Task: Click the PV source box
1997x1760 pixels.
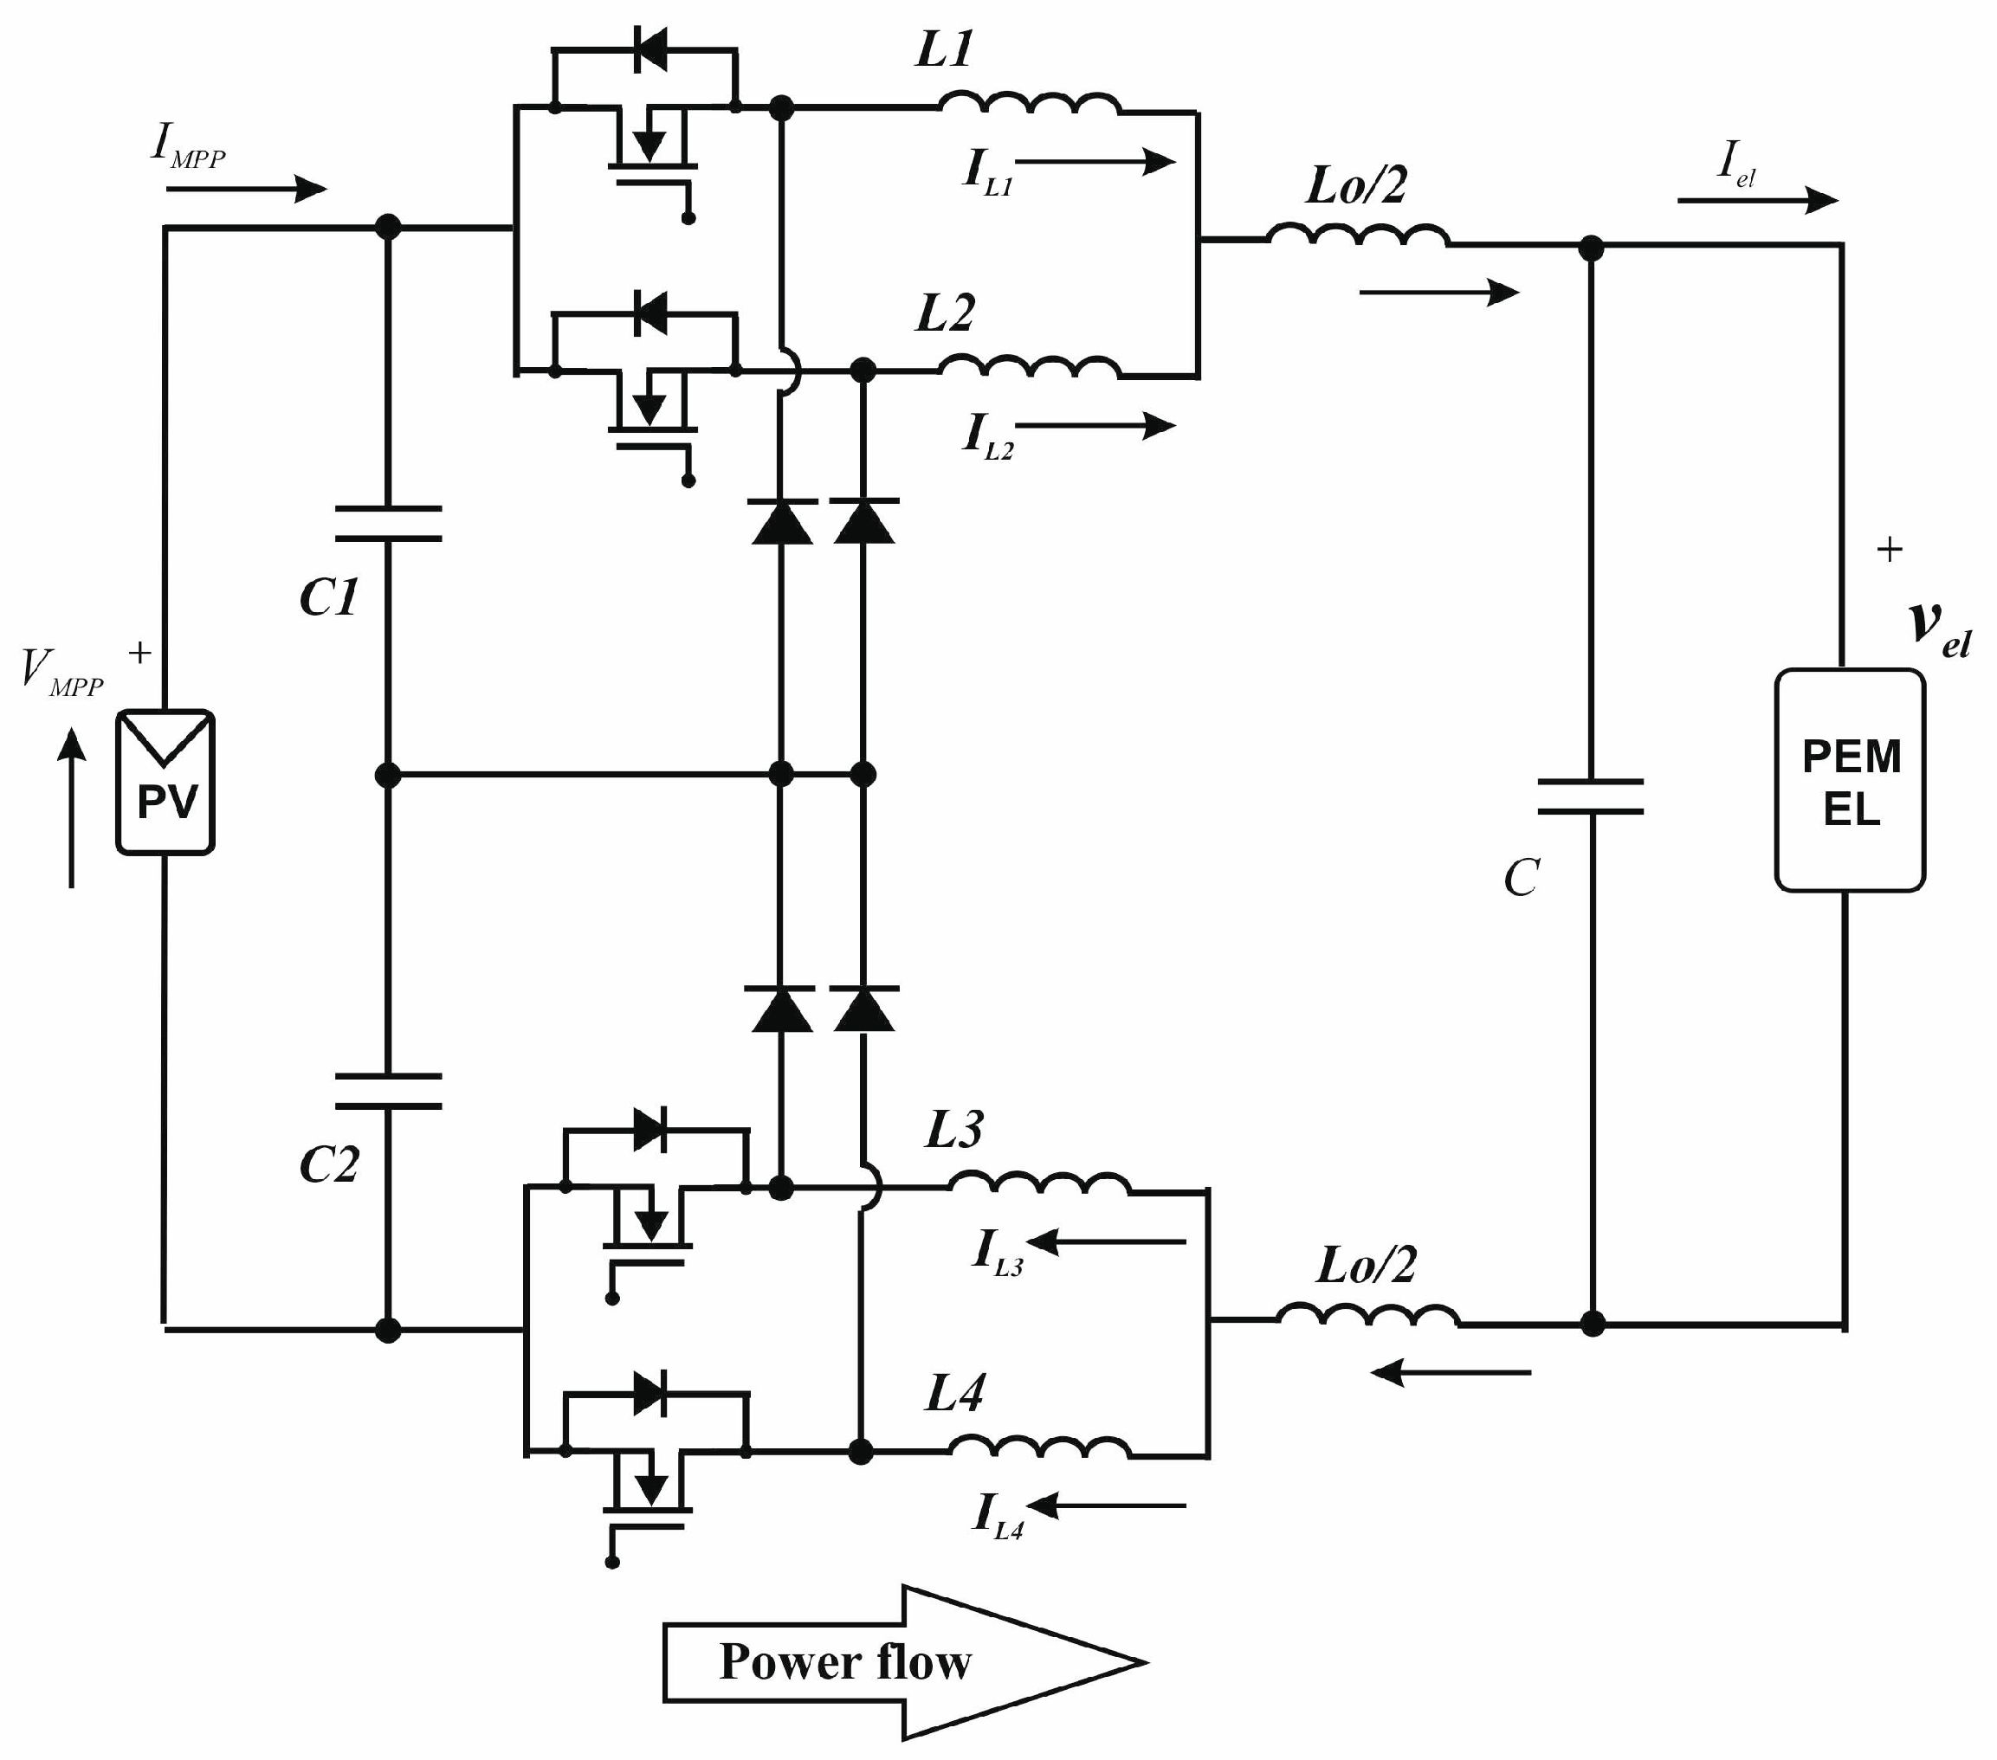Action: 165,782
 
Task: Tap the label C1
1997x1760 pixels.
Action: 329,596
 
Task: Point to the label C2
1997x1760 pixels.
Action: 329,1164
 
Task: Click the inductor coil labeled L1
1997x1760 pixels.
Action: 1029,102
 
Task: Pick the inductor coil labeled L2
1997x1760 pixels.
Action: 1029,366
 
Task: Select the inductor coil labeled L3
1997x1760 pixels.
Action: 1039,1183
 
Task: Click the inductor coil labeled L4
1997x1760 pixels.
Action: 1039,1447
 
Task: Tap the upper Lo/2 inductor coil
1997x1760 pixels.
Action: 1357,235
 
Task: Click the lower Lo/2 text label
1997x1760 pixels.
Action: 1366,1266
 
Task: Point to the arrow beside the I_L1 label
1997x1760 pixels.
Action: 1095,161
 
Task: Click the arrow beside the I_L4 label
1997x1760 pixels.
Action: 1107,1506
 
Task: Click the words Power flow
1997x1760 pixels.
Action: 845,1661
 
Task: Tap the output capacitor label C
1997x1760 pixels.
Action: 1522,877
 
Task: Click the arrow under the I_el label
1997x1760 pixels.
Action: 1756,200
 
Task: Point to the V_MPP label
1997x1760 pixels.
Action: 61,672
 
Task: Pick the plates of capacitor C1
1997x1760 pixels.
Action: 388,524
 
